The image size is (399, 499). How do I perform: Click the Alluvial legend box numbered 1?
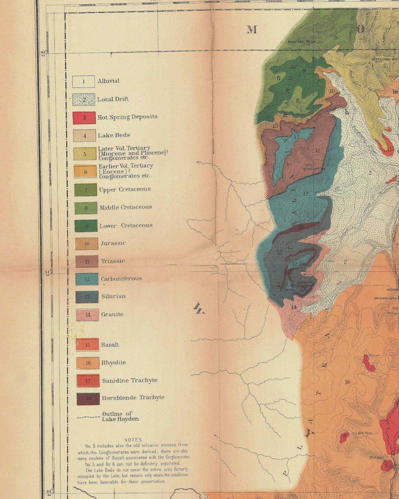83,82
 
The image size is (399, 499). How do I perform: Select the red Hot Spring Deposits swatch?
84,118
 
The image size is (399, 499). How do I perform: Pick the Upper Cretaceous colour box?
86,190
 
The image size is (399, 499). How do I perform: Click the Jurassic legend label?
113,243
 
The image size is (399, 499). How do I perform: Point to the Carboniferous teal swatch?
87,279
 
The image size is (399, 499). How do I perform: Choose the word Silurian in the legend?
113,296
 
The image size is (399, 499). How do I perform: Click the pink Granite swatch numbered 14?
88,315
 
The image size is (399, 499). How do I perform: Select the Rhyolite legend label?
113,363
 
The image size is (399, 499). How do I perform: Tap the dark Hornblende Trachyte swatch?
88,399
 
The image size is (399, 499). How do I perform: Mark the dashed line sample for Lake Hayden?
88,417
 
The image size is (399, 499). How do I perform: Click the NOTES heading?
134,440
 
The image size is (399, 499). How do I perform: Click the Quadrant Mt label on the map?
311,168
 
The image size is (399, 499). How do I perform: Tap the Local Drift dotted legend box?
84,100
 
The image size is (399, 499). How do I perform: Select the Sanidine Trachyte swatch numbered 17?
88,381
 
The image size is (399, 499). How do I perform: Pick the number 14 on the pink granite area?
294,307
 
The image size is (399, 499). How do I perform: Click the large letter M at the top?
252,30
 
